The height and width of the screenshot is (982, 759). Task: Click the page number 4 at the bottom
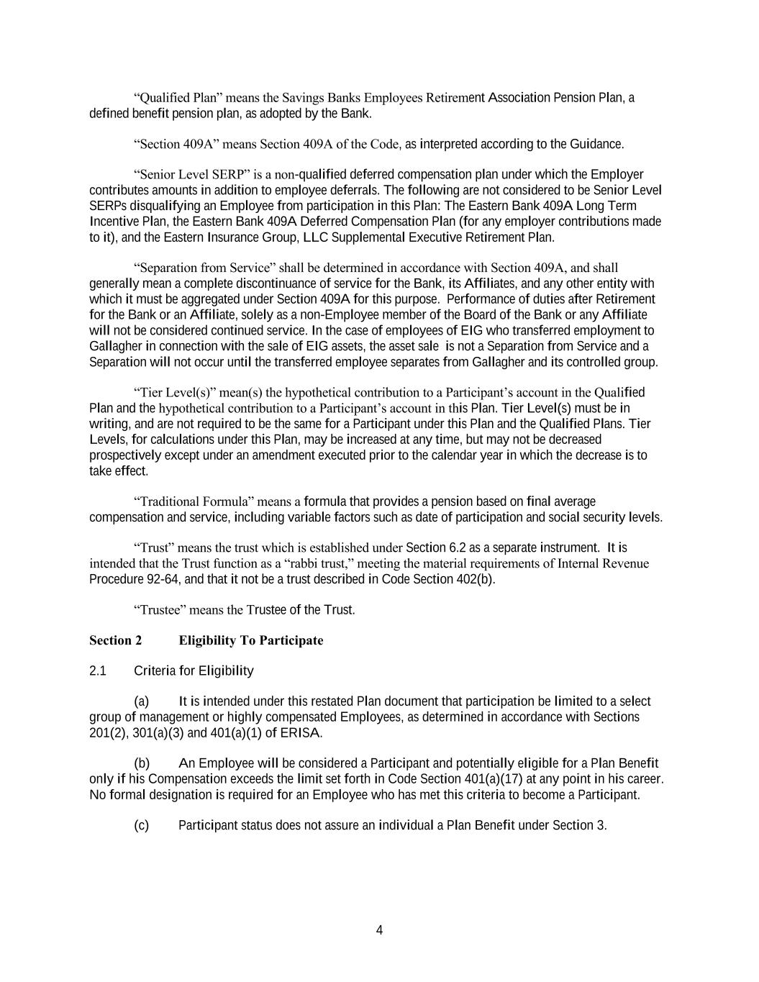(x=379, y=930)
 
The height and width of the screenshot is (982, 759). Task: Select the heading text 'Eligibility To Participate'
(x=250, y=640)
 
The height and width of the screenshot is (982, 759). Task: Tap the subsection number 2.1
(x=98, y=671)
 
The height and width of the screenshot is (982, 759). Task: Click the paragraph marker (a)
(x=141, y=701)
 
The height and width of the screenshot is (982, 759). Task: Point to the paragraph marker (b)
(x=141, y=763)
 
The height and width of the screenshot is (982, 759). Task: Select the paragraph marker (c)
(x=141, y=825)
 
